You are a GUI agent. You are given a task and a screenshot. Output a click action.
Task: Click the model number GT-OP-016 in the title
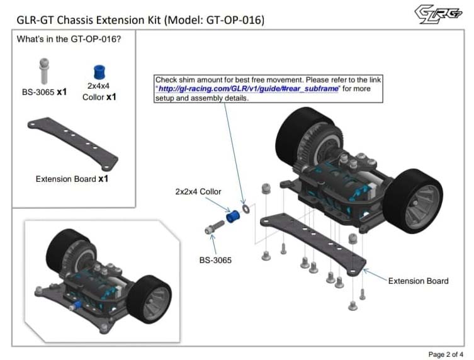pyautogui.click(x=233, y=20)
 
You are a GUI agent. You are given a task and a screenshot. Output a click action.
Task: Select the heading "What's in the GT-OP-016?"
pyautogui.click(x=69, y=40)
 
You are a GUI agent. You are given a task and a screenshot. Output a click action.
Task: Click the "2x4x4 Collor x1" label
pyautogui.click(x=99, y=91)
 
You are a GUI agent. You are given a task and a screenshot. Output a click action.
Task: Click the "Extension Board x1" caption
pyautogui.click(x=72, y=179)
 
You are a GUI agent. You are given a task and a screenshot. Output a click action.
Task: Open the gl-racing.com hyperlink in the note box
pyautogui.click(x=248, y=89)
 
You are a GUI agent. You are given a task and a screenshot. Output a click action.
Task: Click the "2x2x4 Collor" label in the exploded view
pyautogui.click(x=198, y=191)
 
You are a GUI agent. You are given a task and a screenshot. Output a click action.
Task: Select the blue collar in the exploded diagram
pyautogui.click(x=234, y=216)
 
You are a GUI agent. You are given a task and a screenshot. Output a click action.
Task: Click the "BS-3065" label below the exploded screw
pyautogui.click(x=215, y=260)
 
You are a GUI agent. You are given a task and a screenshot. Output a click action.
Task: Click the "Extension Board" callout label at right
pyautogui.click(x=418, y=281)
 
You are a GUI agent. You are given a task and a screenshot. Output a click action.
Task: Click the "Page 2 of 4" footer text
pyautogui.click(x=446, y=354)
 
